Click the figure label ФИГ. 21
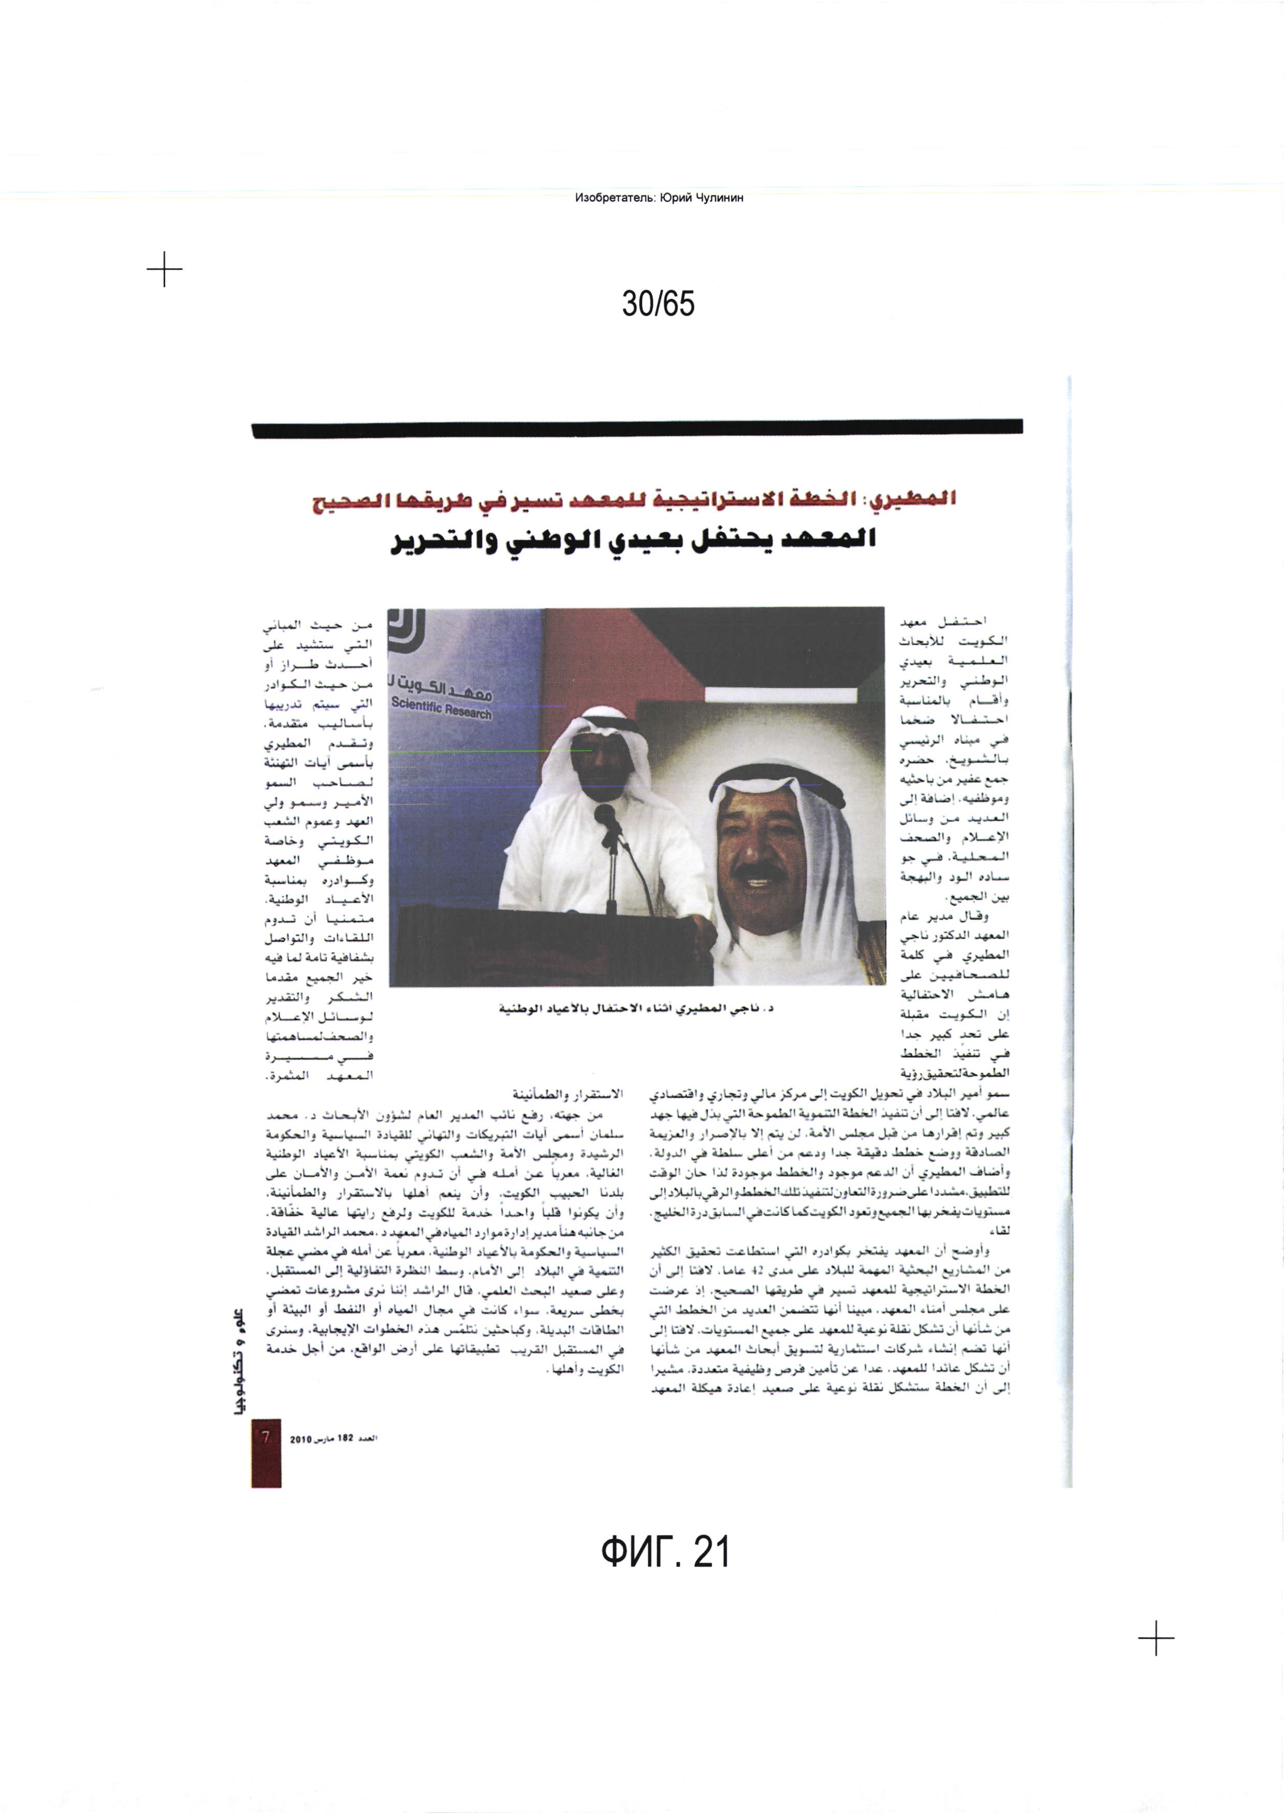coord(664,1552)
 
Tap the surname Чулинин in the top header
coord(720,198)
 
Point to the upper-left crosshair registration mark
coord(165,270)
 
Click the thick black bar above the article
coord(636,427)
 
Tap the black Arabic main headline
coord(633,541)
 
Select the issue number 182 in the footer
coord(345,1439)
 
